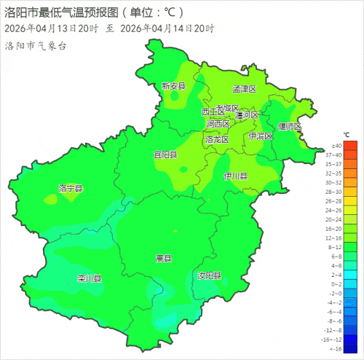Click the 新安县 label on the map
pyautogui.click(x=174, y=86)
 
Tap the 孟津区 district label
pyautogui.click(x=245, y=89)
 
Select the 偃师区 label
pyautogui.click(x=290, y=126)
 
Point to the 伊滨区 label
pyautogui.click(x=260, y=136)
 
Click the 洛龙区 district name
pyautogui.click(x=217, y=139)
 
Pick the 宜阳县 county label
pyautogui.click(x=165, y=154)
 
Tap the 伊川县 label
pyautogui.click(x=236, y=176)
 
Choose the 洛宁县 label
pyautogui.click(x=71, y=189)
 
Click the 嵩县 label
pyautogui.click(x=163, y=258)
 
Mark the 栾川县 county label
pyautogui.click(x=89, y=279)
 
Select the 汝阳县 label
pyautogui.click(x=209, y=276)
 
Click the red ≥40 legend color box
pyautogui.click(x=351, y=146)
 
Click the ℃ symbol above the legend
pyautogui.click(x=347, y=136)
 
